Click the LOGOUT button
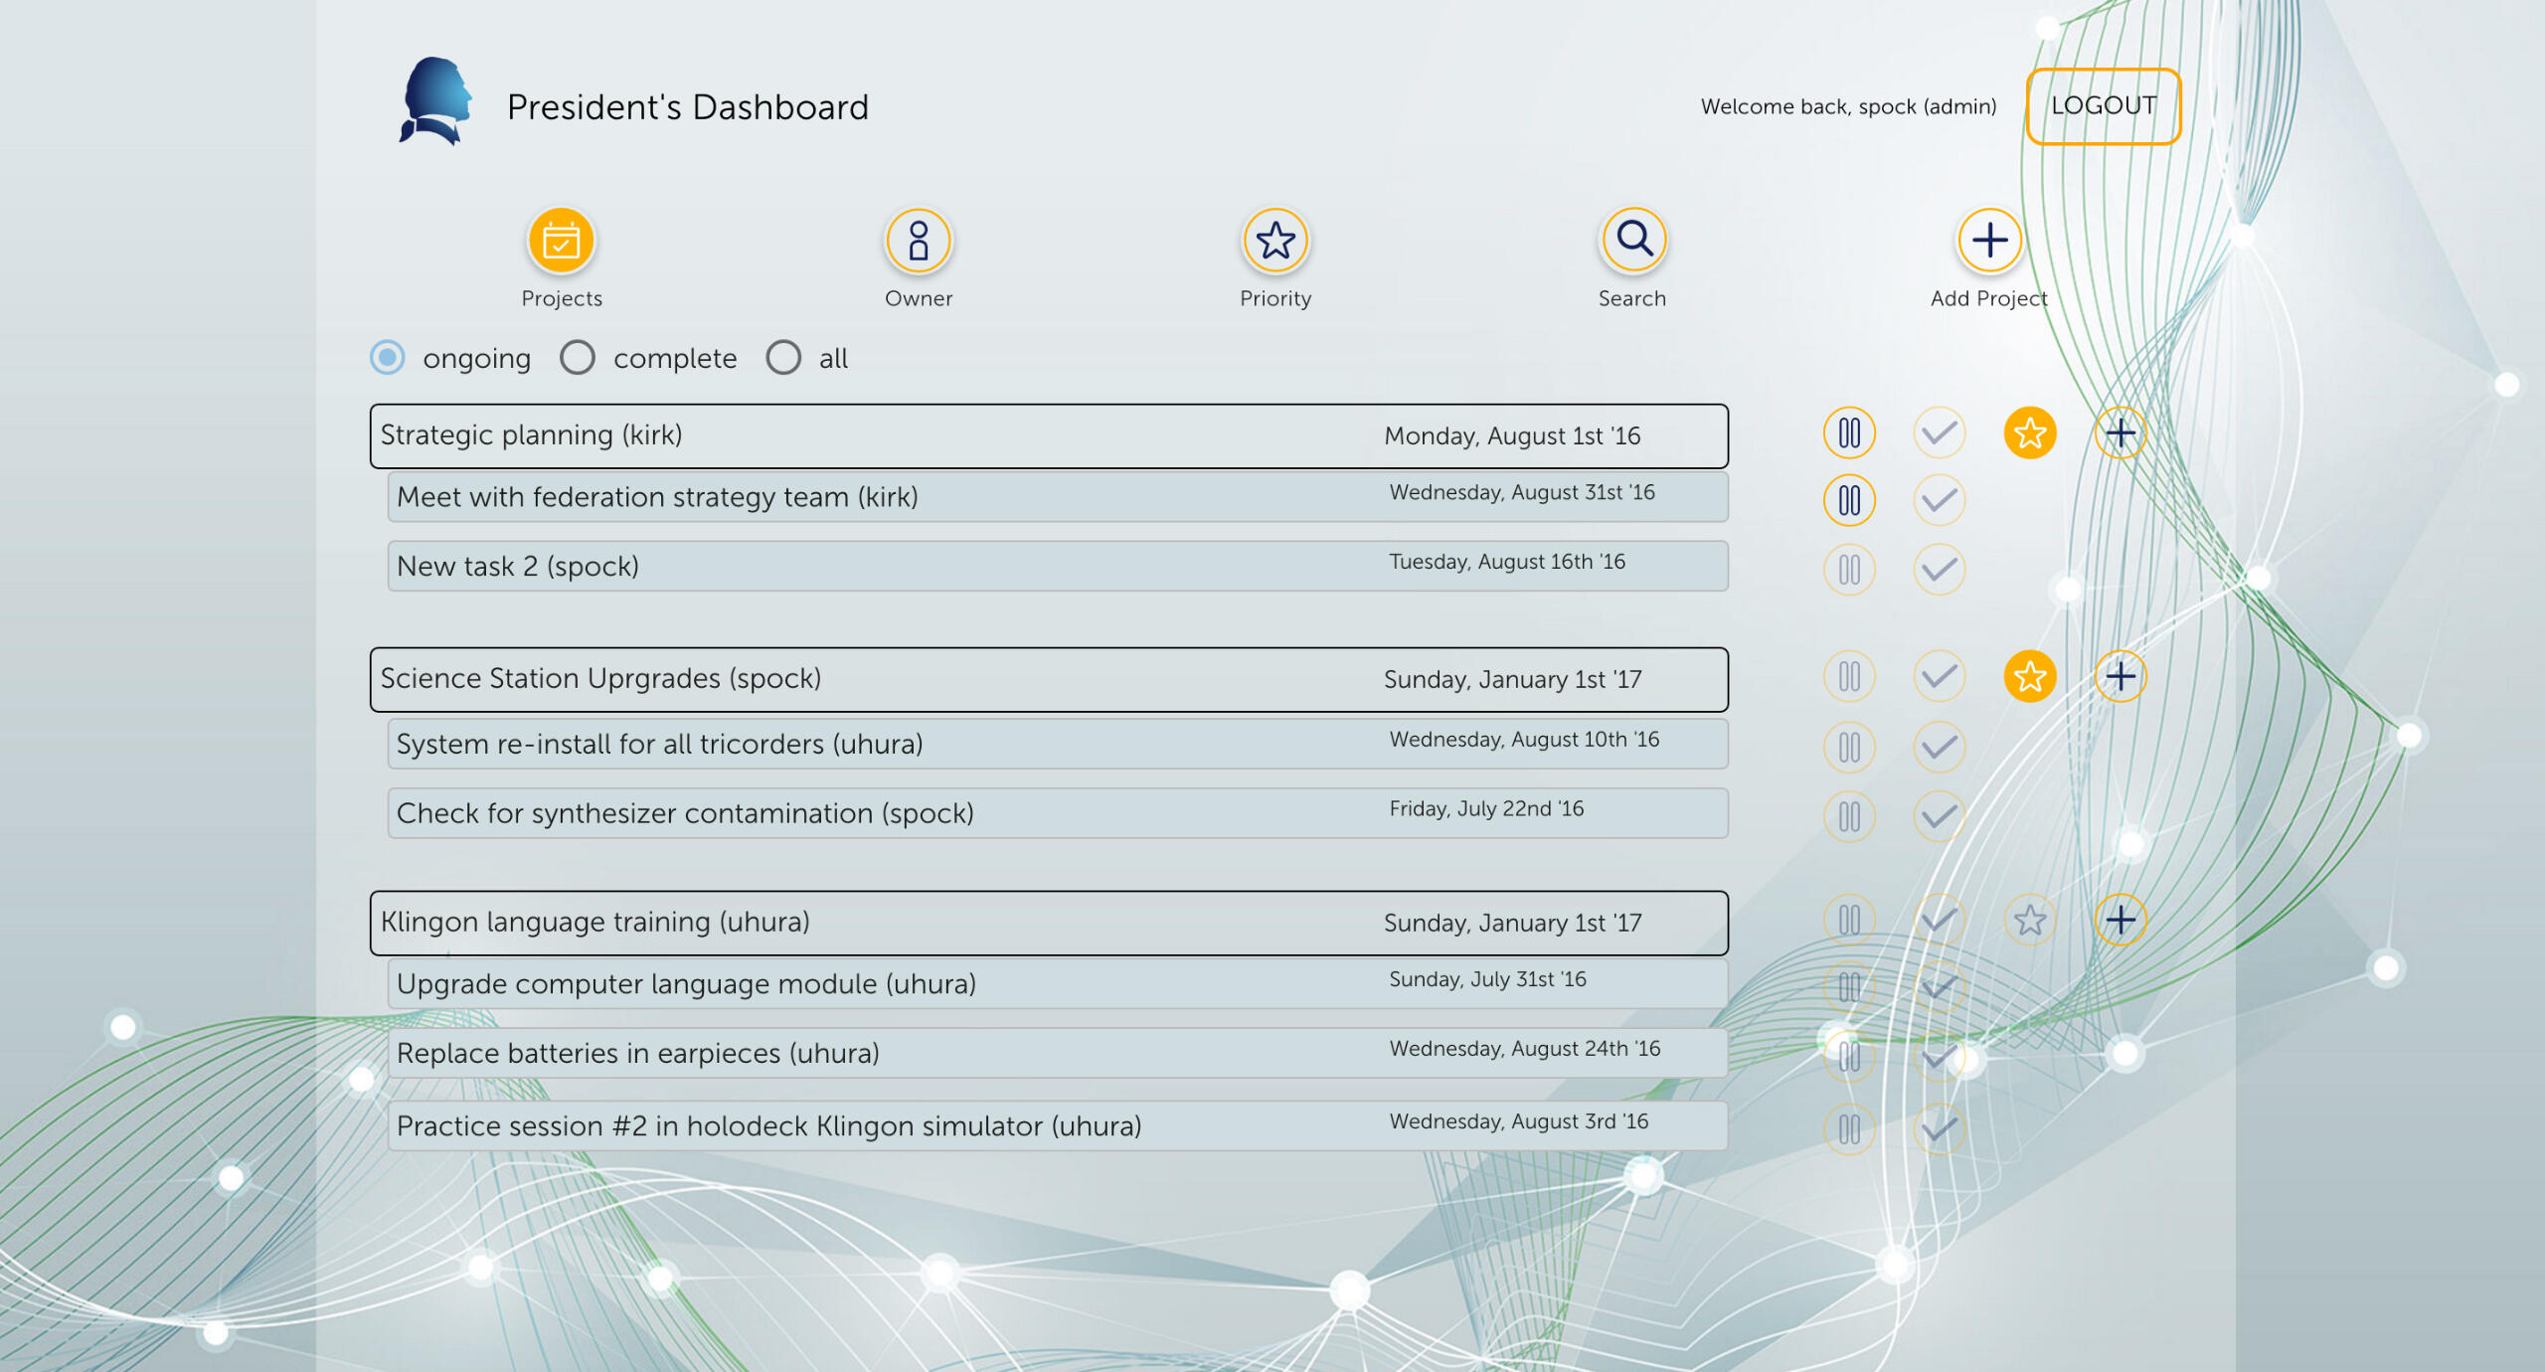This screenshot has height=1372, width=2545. pos(2104,106)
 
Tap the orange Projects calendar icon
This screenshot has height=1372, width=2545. pos(562,241)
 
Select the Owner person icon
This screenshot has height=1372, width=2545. pos(919,241)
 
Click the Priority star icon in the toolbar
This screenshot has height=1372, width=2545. pos(1275,241)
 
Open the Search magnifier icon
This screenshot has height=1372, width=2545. pos(1633,241)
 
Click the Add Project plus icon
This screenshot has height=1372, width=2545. pos(1990,241)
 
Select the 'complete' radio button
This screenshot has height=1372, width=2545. pos(578,357)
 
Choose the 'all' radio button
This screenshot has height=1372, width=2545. pos(783,357)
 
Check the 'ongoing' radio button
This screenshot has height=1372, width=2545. pos(388,357)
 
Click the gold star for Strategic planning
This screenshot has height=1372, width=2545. pos(2030,433)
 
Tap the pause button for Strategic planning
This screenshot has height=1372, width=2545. pos(1849,433)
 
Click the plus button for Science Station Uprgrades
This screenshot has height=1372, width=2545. pos(2121,677)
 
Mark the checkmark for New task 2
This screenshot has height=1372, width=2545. pos(1940,570)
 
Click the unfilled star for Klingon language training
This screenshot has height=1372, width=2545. pos(2030,921)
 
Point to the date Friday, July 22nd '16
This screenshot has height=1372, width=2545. pos(1486,809)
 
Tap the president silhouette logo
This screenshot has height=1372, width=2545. pos(435,101)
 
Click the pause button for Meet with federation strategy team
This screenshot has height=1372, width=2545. pos(1849,500)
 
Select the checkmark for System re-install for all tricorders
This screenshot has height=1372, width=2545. pos(1940,747)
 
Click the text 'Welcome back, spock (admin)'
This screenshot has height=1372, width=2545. pos(1848,106)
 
